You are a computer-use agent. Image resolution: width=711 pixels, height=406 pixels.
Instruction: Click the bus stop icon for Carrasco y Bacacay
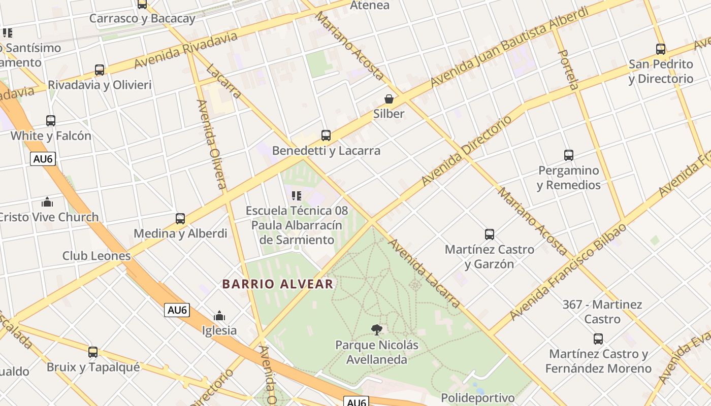click(x=142, y=5)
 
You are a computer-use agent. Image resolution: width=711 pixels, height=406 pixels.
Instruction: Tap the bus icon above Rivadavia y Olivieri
click(x=100, y=70)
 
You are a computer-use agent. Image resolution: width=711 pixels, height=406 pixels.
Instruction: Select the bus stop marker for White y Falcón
click(x=51, y=121)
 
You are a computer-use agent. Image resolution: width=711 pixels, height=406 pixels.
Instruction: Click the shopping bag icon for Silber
click(x=389, y=99)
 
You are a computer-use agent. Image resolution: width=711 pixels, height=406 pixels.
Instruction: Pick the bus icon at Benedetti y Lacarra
click(x=326, y=136)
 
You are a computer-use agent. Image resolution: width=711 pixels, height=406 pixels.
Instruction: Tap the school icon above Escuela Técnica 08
click(x=297, y=195)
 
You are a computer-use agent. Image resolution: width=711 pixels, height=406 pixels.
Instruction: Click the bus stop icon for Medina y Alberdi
click(x=180, y=219)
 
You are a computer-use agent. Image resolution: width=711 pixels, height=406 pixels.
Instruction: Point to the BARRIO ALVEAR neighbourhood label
click(x=278, y=284)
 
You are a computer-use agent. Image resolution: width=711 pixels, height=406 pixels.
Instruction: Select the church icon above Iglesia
click(x=219, y=316)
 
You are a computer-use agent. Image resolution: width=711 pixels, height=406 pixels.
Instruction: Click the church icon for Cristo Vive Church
click(x=47, y=202)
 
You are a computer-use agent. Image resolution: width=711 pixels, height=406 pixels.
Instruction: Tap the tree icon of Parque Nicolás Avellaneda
click(x=376, y=330)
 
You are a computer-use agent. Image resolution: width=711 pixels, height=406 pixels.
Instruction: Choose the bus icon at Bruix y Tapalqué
click(x=93, y=352)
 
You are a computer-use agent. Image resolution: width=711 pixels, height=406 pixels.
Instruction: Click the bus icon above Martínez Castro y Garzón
click(x=490, y=234)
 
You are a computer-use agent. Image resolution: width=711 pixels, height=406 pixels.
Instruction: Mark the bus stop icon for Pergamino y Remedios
click(x=569, y=155)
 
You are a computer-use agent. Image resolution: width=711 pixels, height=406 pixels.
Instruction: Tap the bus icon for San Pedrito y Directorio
click(x=661, y=49)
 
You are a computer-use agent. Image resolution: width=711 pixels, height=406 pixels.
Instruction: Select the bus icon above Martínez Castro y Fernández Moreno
click(x=598, y=339)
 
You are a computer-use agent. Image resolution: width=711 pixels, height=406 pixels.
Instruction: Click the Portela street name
click(x=568, y=70)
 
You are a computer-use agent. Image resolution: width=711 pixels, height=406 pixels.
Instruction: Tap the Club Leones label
click(x=96, y=256)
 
